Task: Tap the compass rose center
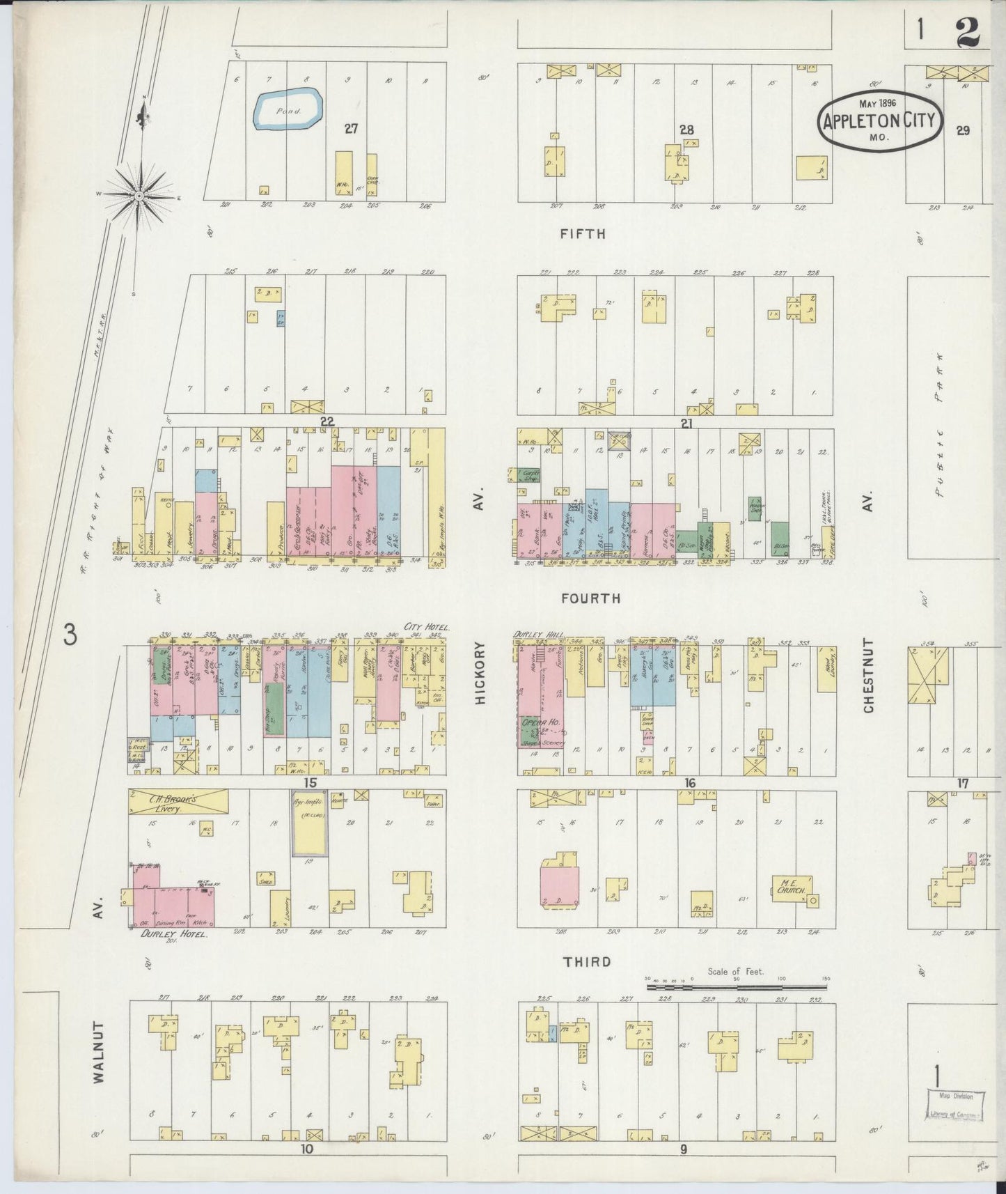tap(139, 196)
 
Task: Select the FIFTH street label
tap(583, 234)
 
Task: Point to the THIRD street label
tap(587, 962)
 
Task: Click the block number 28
tap(686, 130)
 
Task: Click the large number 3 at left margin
tap(70, 635)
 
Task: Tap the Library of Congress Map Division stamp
tap(955, 1106)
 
